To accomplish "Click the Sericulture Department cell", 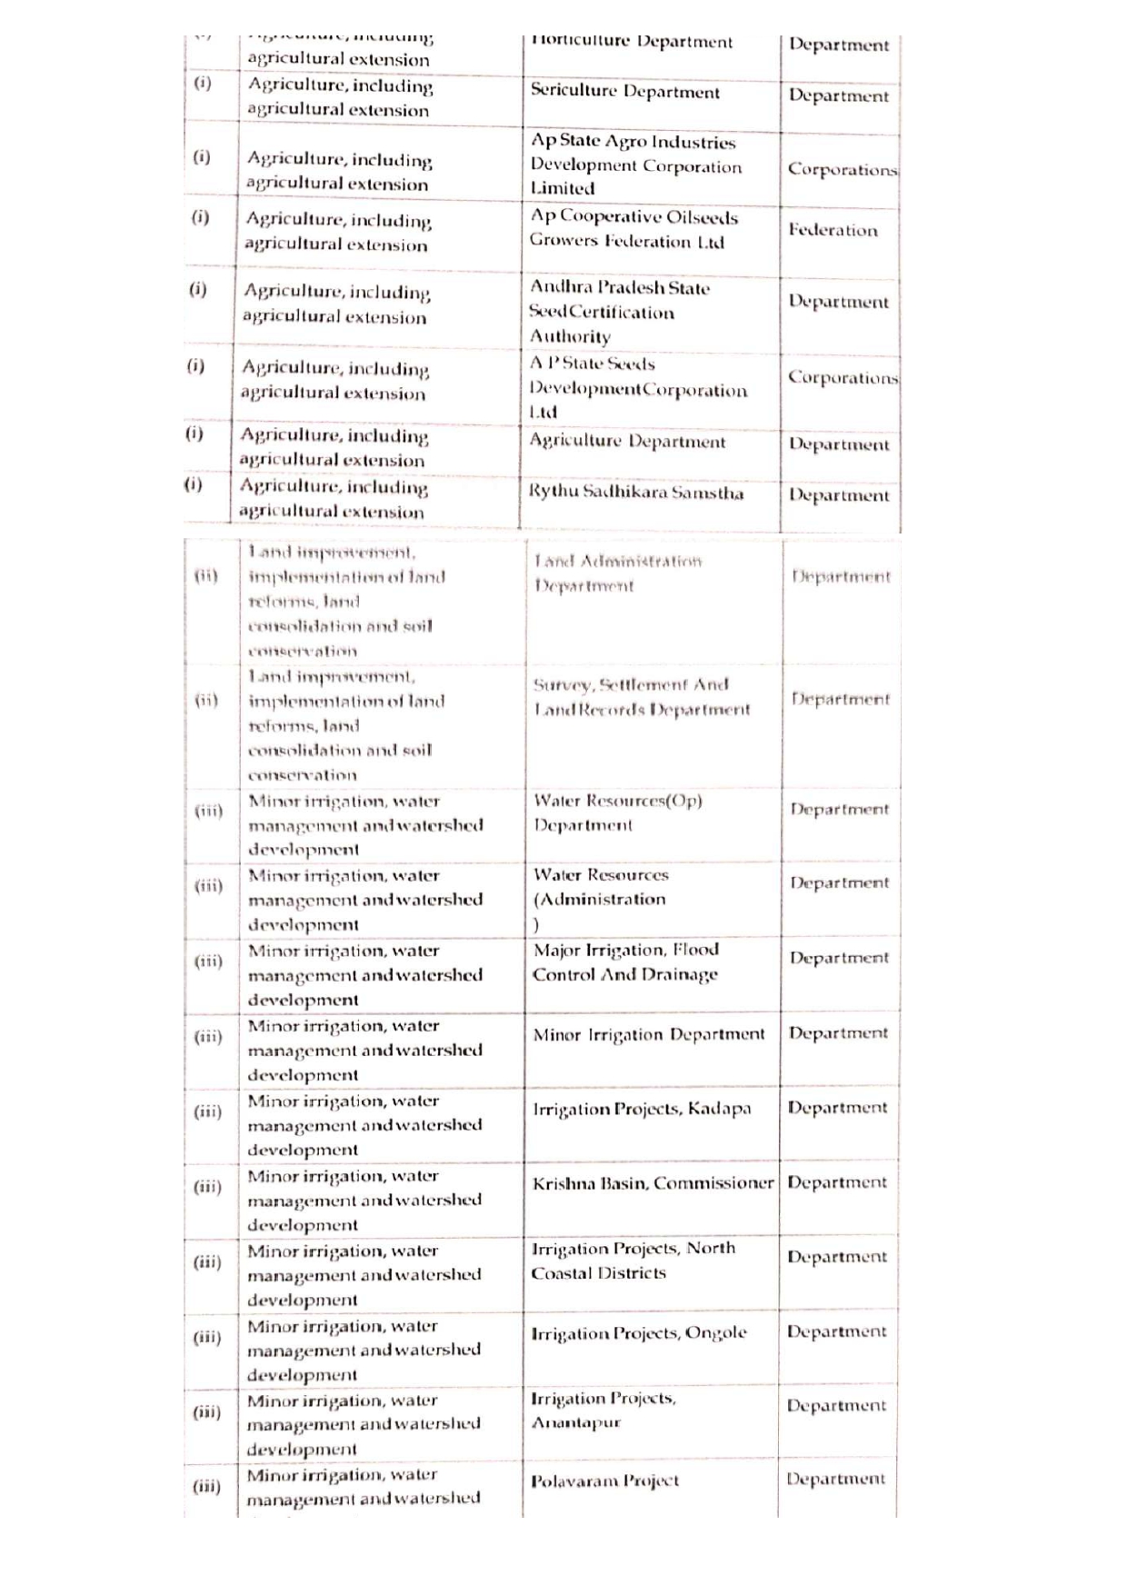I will [x=625, y=93].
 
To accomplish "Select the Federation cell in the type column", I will [x=833, y=231].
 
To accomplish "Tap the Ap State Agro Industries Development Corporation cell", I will [x=636, y=165].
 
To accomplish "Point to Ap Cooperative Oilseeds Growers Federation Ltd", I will [x=633, y=229].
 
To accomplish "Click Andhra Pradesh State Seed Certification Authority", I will [x=620, y=312].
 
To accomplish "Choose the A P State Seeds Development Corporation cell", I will [x=638, y=388].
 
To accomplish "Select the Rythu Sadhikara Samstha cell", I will [x=636, y=493].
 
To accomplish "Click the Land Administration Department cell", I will [x=618, y=573].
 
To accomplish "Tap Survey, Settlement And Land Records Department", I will [x=642, y=697].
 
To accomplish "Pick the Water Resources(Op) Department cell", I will [x=618, y=813].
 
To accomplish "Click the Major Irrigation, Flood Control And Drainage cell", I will [x=625, y=962].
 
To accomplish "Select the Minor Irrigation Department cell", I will [x=649, y=1035].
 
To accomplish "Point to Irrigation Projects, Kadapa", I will [x=642, y=1110].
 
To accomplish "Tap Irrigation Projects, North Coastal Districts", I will [x=633, y=1261].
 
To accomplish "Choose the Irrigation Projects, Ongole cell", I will [x=639, y=1333].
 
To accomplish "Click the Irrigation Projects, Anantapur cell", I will [x=603, y=1410].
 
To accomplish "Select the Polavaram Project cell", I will [x=605, y=1481].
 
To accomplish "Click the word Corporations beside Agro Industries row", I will [x=842, y=170].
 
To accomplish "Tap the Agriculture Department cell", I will [x=627, y=443].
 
